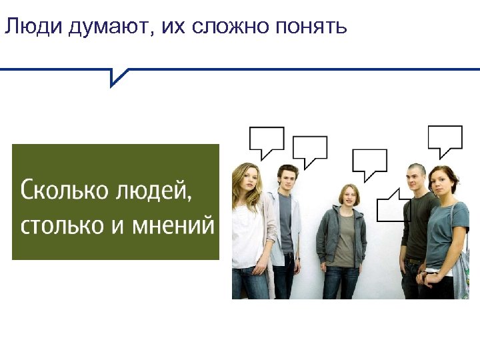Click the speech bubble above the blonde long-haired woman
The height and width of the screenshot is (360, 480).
point(266,139)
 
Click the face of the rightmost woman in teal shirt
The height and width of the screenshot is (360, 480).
point(441,184)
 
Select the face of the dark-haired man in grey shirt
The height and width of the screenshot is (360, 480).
point(288,180)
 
